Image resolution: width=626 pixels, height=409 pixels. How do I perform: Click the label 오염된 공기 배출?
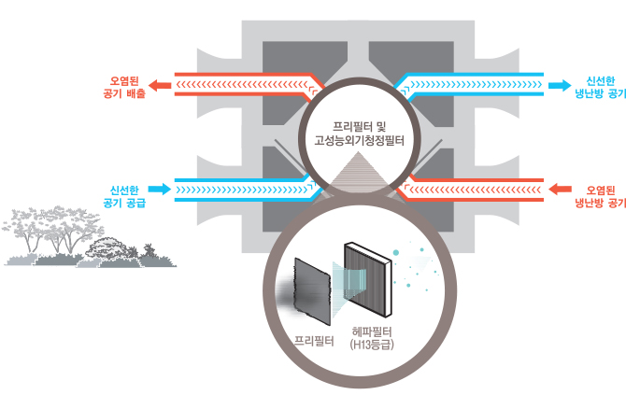(x=126, y=87)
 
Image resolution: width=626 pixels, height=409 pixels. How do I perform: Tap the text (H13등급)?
(x=369, y=346)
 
